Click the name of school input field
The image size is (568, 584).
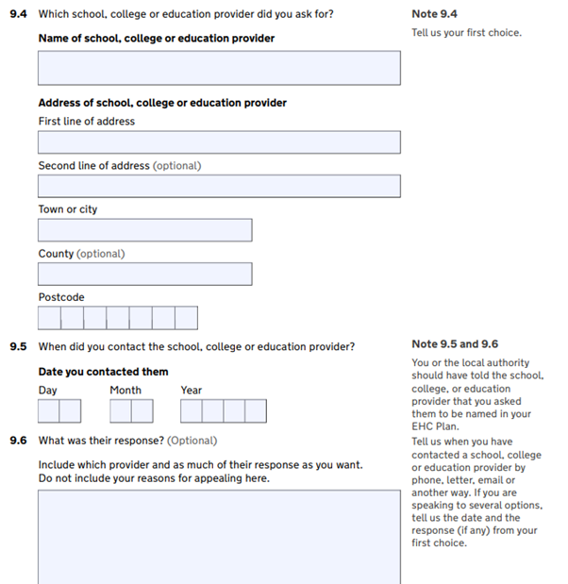pos(219,68)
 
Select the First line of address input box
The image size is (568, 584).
pos(219,142)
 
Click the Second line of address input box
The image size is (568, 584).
pos(219,186)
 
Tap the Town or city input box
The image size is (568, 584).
pos(144,230)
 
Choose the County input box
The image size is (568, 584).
pos(144,274)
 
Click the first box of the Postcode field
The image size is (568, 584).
pos(49,318)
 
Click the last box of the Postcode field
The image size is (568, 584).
pos(187,318)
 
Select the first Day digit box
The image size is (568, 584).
pos(49,411)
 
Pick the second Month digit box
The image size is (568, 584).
pos(142,411)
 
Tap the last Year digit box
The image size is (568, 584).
pos(256,411)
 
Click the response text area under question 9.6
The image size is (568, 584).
pos(219,536)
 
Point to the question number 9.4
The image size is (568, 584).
pos(18,14)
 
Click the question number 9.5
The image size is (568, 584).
pos(18,346)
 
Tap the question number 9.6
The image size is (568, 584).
pos(18,441)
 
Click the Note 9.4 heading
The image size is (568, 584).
pos(434,14)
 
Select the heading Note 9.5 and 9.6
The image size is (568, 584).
pos(455,344)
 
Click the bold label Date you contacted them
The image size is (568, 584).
pos(103,372)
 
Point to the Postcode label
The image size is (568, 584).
pos(61,297)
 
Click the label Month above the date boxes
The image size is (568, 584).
pos(125,390)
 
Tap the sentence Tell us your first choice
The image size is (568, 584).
pos(466,33)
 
